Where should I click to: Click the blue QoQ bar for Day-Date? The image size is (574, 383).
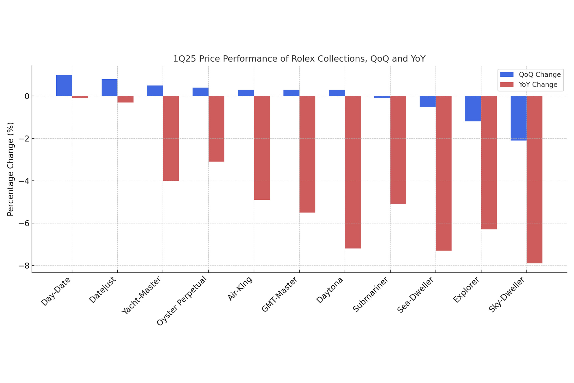coord(64,86)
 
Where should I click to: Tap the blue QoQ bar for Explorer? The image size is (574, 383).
coord(473,109)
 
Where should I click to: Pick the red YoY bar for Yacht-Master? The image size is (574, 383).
coord(171,138)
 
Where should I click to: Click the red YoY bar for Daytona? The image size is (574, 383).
coord(353,172)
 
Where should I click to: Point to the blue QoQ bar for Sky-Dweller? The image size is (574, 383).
coord(518,118)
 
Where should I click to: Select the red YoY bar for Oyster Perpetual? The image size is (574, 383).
coord(216,129)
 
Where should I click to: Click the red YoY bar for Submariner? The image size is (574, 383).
coord(398,150)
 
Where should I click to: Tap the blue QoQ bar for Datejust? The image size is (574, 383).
coord(110,88)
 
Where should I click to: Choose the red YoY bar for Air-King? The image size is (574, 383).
coord(262,148)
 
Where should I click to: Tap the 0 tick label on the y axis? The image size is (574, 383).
coord(27,96)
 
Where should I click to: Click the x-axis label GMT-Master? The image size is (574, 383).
coord(280,294)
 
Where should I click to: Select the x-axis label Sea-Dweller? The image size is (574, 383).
coord(415,295)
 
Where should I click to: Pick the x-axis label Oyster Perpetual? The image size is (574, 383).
coord(182,301)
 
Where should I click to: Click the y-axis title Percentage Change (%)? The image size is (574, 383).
coord(10,169)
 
